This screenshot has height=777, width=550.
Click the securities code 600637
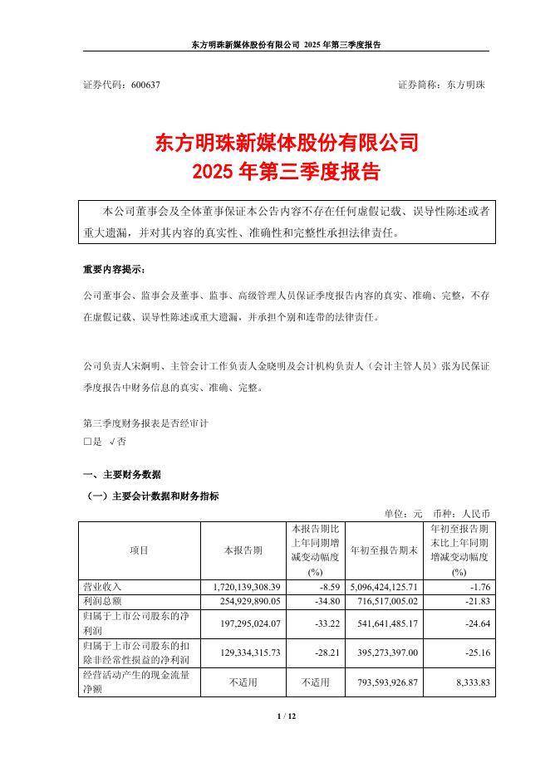tap(145, 85)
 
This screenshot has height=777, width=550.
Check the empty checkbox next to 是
tap(87, 442)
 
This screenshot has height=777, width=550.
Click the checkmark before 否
tap(112, 442)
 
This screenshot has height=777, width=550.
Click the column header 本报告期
tap(243, 550)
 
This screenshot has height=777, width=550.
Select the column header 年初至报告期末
tap(383, 550)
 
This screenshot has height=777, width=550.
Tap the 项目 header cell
tap(140, 550)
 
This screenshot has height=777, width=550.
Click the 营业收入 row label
tap(102, 586)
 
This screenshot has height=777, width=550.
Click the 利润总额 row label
tap(102, 600)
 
